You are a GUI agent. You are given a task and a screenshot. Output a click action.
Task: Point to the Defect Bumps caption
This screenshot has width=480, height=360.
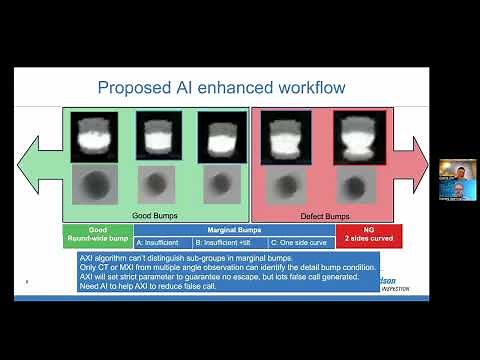(325, 215)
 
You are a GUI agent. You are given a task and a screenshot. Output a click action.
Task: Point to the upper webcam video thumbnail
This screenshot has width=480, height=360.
(458, 169)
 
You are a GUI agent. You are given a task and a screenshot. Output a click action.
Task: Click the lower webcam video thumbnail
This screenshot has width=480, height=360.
(458, 189)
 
